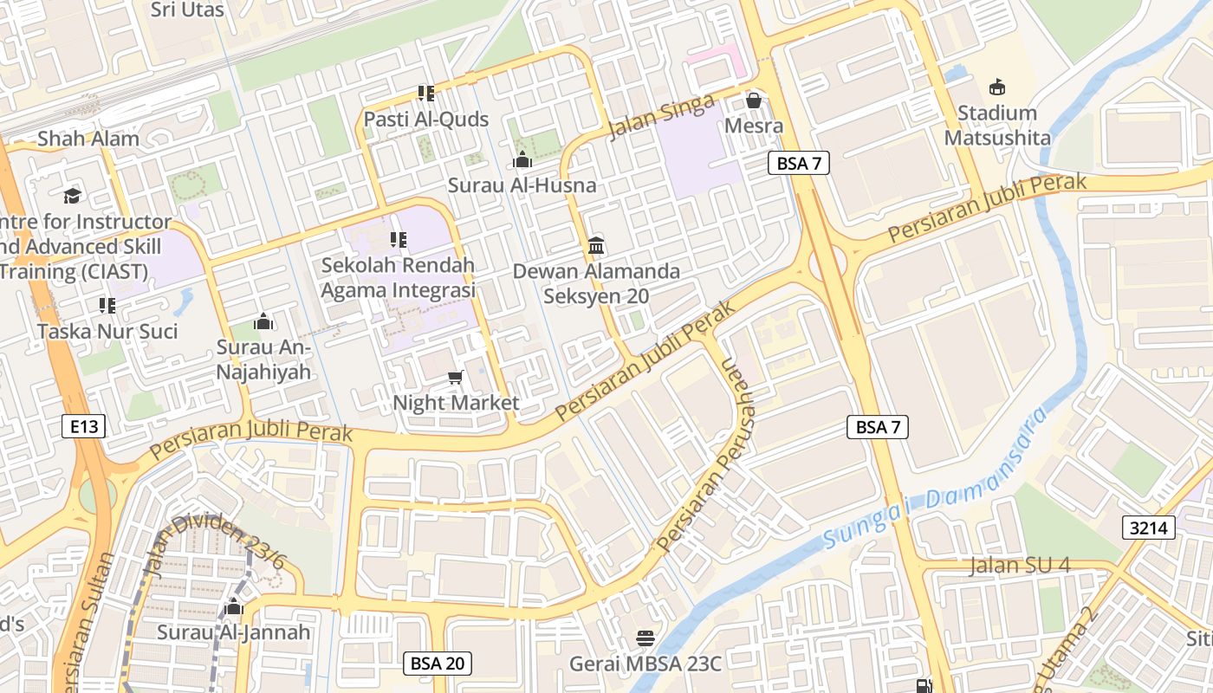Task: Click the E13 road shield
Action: [84, 425]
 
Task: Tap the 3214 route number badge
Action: [1149, 527]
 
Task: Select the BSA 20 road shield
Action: [438, 664]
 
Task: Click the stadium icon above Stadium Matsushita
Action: [997, 87]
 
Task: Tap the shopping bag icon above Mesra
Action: [754, 100]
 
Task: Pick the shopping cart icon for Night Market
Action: [456, 378]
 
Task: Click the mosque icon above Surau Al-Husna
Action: [522, 159]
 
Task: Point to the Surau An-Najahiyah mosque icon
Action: [263, 322]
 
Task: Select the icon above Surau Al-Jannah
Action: [233, 606]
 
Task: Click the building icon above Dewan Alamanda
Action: [596, 245]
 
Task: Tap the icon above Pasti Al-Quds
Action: [425, 93]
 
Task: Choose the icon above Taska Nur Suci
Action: [107, 305]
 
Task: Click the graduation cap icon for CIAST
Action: [72, 196]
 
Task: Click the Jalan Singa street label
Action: [662, 118]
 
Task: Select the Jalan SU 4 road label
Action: [1020, 565]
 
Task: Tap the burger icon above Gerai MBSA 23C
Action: [645, 638]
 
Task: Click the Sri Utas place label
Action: [187, 10]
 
